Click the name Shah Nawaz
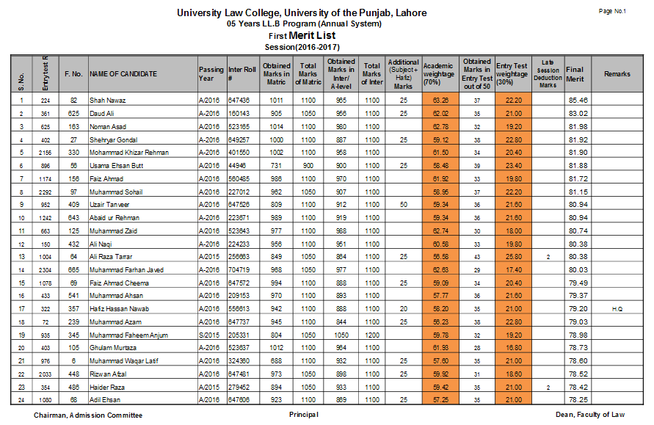click(108, 100)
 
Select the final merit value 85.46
click(578, 100)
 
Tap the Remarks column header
click(617, 74)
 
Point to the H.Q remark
click(617, 310)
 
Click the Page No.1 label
click(612, 11)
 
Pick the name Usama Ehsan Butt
click(117, 166)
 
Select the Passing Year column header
click(211, 74)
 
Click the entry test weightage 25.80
click(513, 257)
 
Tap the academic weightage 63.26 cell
click(440, 100)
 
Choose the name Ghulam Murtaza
click(114, 349)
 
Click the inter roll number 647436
click(239, 100)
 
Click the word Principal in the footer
click(304, 415)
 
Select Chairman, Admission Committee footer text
click(88, 415)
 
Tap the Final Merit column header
click(576, 74)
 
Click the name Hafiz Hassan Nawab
click(119, 310)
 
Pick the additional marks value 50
click(403, 205)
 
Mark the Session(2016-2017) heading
click(302, 48)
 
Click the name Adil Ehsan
click(106, 400)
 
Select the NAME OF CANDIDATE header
click(123, 74)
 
